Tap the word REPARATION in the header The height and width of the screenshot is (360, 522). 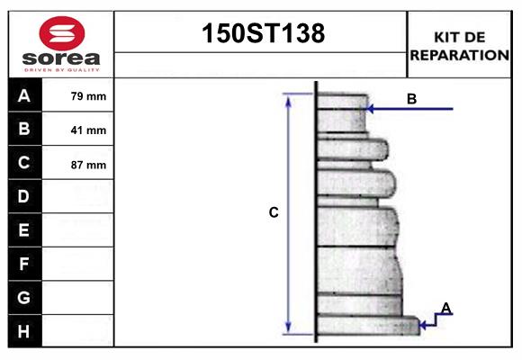459,54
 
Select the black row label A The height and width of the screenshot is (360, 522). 24,95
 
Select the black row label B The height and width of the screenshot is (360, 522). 24,130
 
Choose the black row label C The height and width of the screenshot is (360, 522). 24,163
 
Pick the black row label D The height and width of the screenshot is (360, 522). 24,196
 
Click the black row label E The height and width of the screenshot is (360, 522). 24,230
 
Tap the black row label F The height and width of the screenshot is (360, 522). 24,264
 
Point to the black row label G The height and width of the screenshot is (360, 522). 24,297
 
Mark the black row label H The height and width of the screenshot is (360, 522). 24,331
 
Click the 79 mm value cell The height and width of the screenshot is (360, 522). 88,96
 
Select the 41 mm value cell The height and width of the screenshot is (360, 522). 88,130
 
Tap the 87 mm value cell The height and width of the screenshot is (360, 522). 88,165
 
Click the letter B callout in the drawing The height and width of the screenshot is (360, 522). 411,99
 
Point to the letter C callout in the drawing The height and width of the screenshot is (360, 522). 274,213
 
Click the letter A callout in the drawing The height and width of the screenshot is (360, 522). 445,309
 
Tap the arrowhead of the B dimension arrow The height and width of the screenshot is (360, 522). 371,110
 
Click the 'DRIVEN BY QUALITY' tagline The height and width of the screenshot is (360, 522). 60,68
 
